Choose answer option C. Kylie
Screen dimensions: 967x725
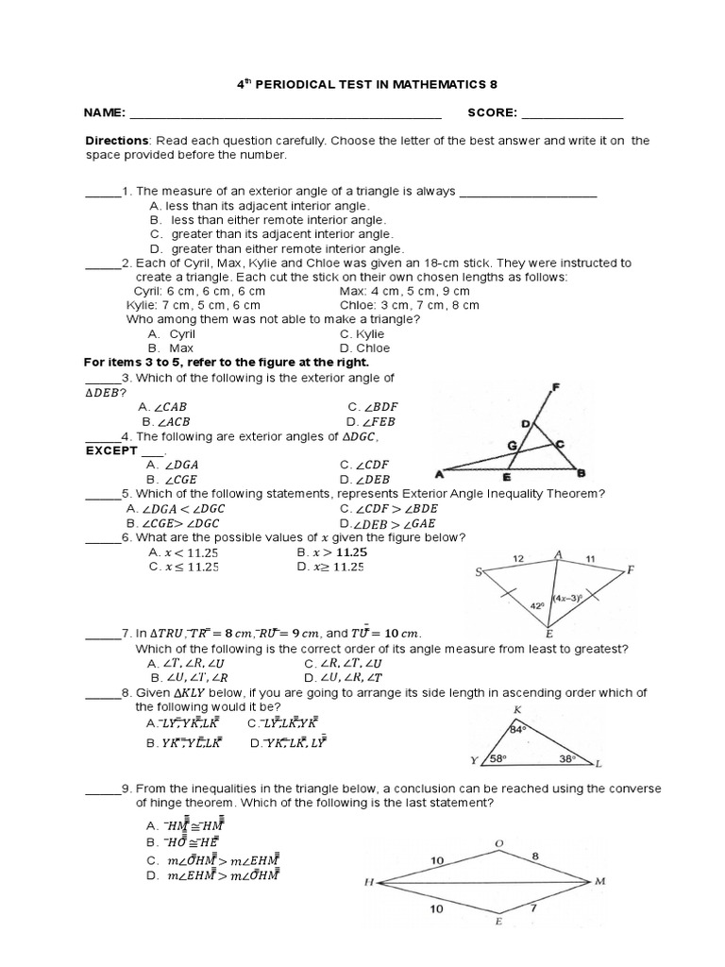(362, 333)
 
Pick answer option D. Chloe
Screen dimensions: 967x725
(364, 348)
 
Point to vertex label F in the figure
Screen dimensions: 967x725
(554, 387)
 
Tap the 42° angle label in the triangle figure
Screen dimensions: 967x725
(535, 606)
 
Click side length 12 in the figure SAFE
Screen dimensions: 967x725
(517, 559)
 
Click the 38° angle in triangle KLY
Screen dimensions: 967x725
(565, 758)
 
